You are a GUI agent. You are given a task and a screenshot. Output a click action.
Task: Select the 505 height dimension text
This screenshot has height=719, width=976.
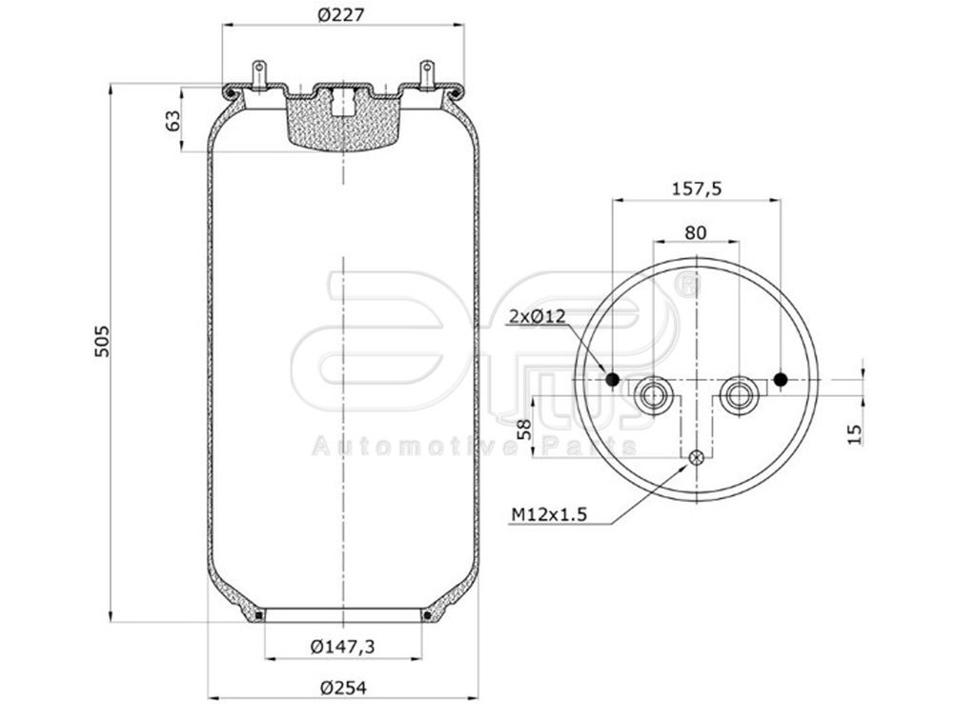tap(102, 342)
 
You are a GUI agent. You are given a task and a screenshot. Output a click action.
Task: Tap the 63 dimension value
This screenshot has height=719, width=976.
tap(173, 121)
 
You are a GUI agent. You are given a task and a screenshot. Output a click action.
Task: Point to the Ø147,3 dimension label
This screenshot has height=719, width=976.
tap(342, 647)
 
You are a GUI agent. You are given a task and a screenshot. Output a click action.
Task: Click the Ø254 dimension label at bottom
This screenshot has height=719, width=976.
tap(343, 688)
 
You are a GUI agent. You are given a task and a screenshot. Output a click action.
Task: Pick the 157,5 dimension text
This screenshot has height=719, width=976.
tap(696, 189)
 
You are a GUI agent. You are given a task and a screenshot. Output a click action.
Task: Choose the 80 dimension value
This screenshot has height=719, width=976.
tap(696, 231)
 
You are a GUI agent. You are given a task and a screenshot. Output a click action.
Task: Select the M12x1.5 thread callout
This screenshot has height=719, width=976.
tap(548, 515)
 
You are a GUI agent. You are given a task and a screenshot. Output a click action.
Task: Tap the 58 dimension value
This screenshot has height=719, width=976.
tap(523, 429)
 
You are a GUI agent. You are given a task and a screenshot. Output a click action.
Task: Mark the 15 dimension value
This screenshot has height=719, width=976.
tap(854, 433)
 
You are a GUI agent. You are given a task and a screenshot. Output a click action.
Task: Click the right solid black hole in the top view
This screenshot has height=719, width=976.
tap(780, 380)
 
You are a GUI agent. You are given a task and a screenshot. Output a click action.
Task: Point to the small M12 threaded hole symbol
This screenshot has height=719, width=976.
tap(697, 458)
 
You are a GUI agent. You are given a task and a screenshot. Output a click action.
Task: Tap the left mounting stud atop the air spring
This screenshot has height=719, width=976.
tap(257, 73)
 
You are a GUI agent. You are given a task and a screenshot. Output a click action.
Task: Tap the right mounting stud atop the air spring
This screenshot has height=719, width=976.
tap(427, 73)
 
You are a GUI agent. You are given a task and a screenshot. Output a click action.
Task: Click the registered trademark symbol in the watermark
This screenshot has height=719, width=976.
tap(686, 284)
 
